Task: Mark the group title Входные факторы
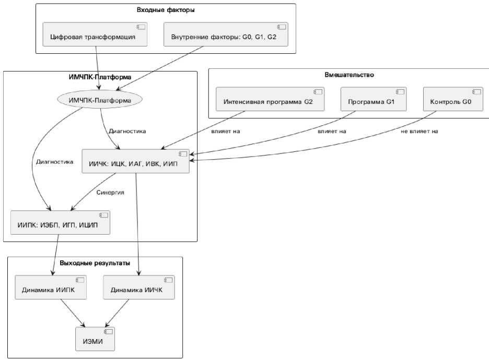pyautogui.click(x=166, y=9)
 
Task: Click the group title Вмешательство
pyautogui.click(x=348, y=75)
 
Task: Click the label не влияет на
pyautogui.click(x=419, y=131)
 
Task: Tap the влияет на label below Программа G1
pyautogui.click(x=331, y=131)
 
